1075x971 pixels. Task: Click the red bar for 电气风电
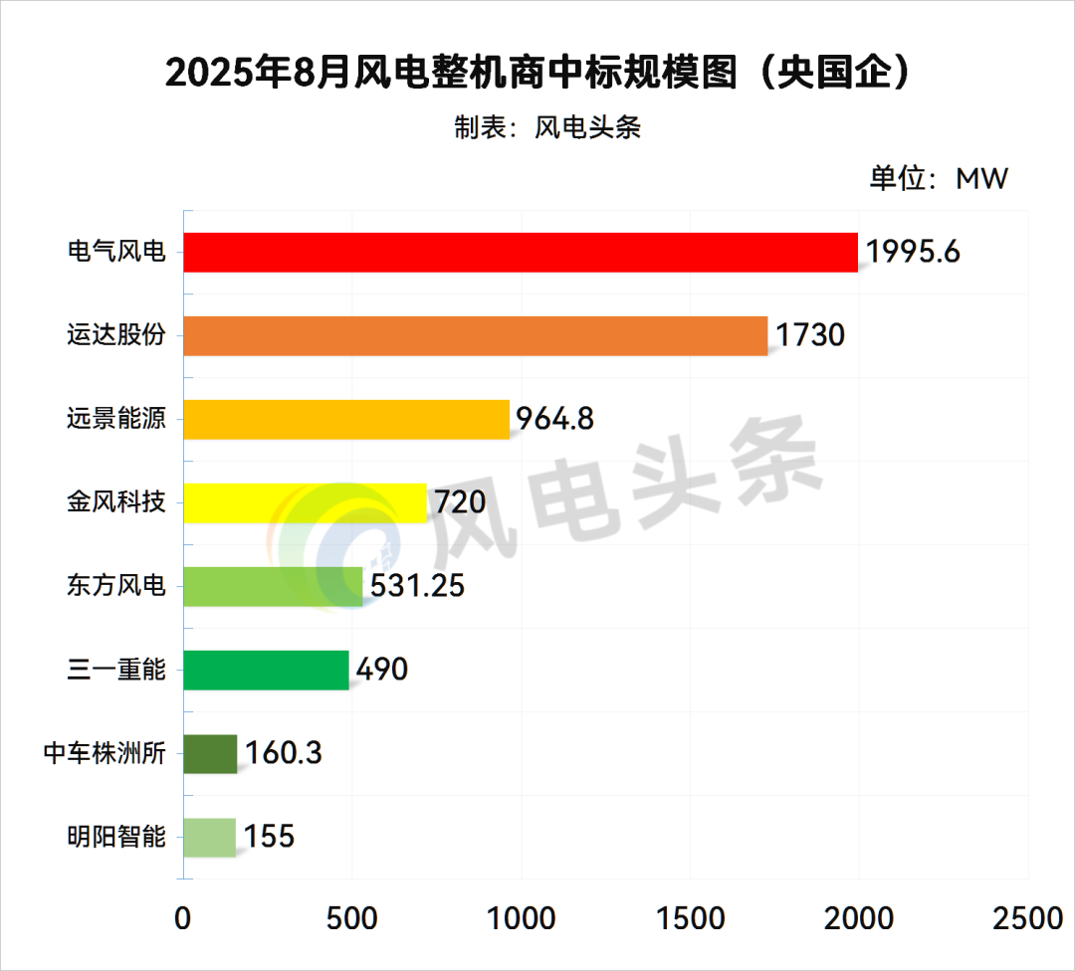click(x=521, y=253)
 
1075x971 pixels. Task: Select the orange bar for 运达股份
click(x=476, y=336)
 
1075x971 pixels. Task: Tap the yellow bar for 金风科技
click(x=306, y=503)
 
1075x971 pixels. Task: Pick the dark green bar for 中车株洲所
click(x=211, y=753)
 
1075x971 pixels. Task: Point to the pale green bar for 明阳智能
click(x=210, y=837)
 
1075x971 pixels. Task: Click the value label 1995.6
click(x=913, y=253)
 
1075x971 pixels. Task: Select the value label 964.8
click(x=553, y=419)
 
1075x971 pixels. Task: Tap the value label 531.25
click(x=417, y=586)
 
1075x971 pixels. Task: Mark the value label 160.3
click(x=283, y=753)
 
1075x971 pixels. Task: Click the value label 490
click(x=381, y=670)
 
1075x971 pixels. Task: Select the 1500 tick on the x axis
click(x=689, y=918)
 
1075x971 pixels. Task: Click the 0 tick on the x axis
click(x=183, y=918)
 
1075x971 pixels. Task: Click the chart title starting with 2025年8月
click(x=537, y=74)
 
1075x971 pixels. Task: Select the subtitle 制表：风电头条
click(x=547, y=128)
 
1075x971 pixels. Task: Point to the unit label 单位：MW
click(x=939, y=179)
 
